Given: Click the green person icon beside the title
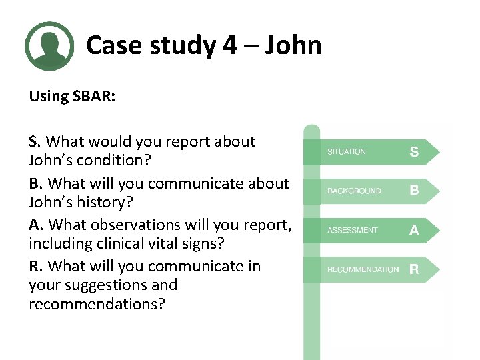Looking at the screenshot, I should click(x=49, y=46).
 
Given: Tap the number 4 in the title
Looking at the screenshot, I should click(x=229, y=45).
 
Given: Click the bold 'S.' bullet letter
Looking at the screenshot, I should click(x=35, y=141).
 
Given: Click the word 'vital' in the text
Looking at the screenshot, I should click(x=165, y=244).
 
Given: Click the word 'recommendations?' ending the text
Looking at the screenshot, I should click(x=97, y=304).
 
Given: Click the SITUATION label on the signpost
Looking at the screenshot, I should click(x=346, y=152).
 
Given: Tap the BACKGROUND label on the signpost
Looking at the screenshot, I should click(x=354, y=191).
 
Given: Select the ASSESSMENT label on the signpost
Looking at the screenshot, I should click(x=352, y=230).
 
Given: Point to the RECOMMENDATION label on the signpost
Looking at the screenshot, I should click(x=363, y=269).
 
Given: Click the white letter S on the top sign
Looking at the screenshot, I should click(x=414, y=152).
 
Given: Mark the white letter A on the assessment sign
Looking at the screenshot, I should click(x=414, y=230).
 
